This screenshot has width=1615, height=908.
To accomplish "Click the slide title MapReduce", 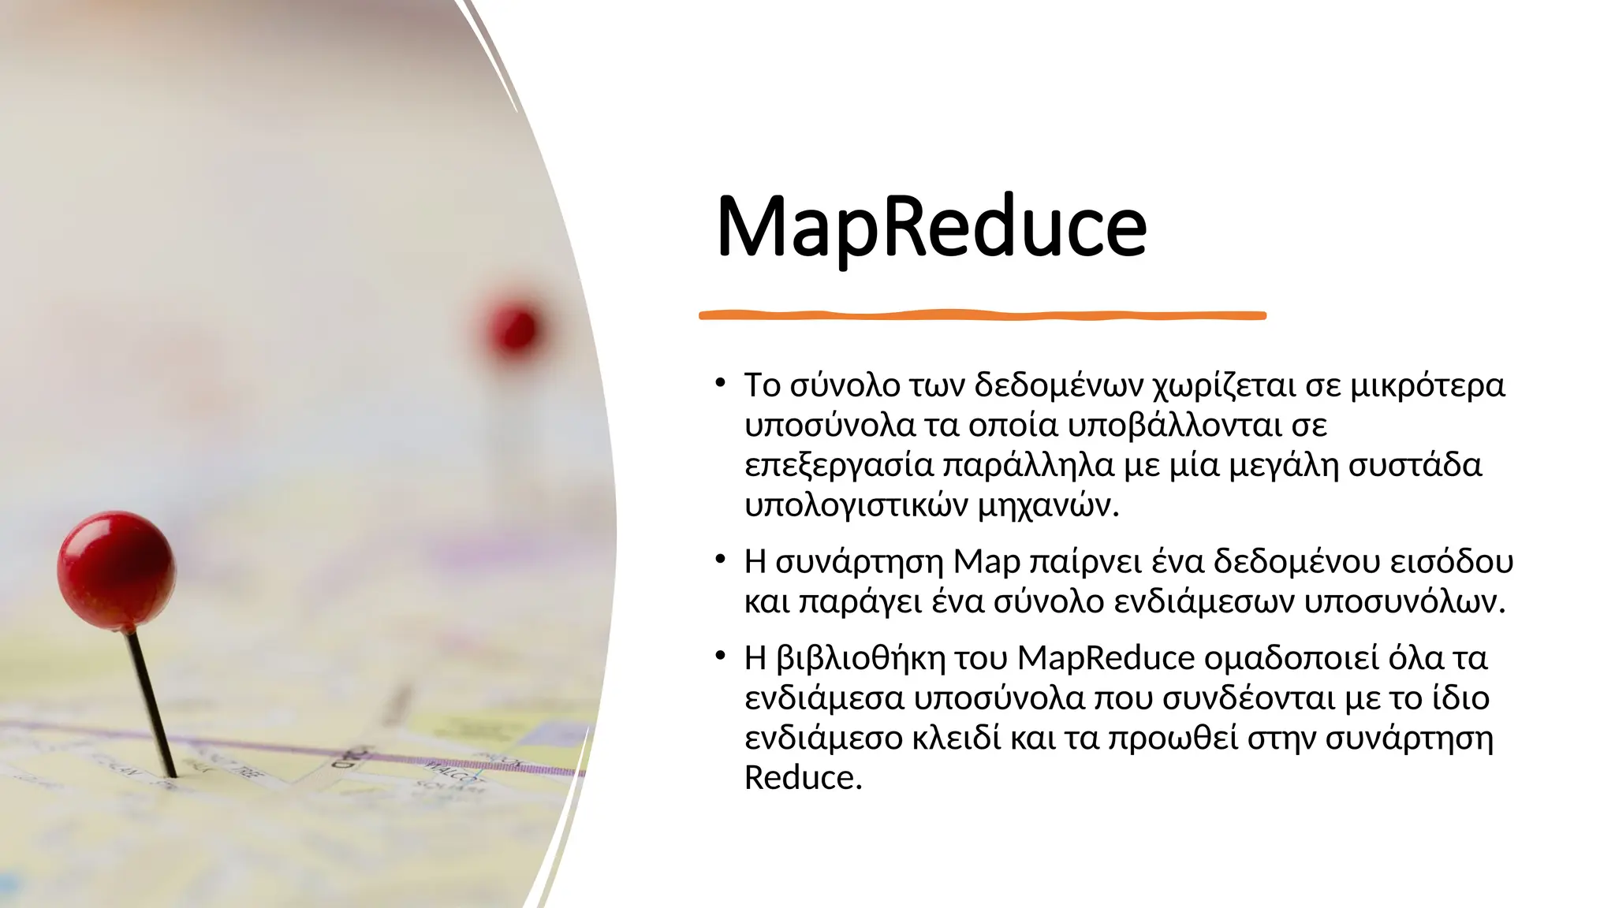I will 931,226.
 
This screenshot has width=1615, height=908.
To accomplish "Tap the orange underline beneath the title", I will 982,315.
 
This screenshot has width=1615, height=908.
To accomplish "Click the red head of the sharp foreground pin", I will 116,570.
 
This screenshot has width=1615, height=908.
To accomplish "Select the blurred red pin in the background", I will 513,327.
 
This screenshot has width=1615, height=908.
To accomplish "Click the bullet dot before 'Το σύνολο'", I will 720,384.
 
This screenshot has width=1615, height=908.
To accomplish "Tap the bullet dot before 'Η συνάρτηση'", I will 720,560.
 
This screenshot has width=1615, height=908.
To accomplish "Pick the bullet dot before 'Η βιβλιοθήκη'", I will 720,657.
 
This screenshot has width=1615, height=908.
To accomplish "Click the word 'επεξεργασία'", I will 838,465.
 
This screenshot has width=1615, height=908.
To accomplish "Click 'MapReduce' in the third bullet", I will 1106,658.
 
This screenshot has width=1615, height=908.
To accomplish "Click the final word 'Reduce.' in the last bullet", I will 803,778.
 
